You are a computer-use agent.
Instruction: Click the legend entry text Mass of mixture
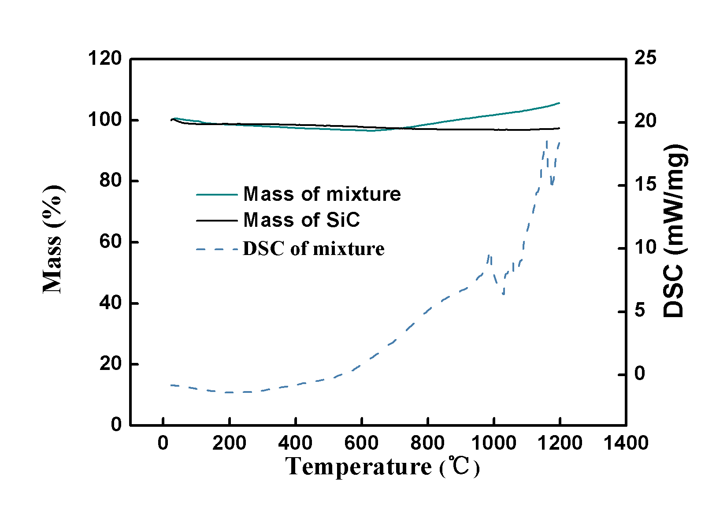(322, 194)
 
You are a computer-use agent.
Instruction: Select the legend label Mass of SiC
(301, 220)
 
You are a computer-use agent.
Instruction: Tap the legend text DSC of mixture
(313, 249)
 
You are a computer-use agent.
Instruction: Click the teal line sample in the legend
(217, 194)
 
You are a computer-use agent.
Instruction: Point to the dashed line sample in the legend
(217, 249)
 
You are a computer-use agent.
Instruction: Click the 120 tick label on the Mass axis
(104, 58)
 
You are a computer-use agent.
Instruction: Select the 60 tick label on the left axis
(110, 242)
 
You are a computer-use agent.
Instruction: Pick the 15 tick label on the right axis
(645, 185)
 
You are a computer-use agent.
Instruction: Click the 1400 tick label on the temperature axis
(626, 443)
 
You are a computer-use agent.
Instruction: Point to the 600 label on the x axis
(361, 443)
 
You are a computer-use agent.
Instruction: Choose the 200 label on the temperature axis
(229, 443)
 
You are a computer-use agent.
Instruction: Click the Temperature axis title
(382, 467)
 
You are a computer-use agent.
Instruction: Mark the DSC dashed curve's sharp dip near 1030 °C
(503, 294)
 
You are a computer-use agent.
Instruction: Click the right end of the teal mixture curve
(560, 103)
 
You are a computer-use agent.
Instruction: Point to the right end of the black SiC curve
(560, 128)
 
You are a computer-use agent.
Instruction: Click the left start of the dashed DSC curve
(171, 385)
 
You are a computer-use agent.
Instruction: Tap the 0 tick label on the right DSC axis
(640, 374)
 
